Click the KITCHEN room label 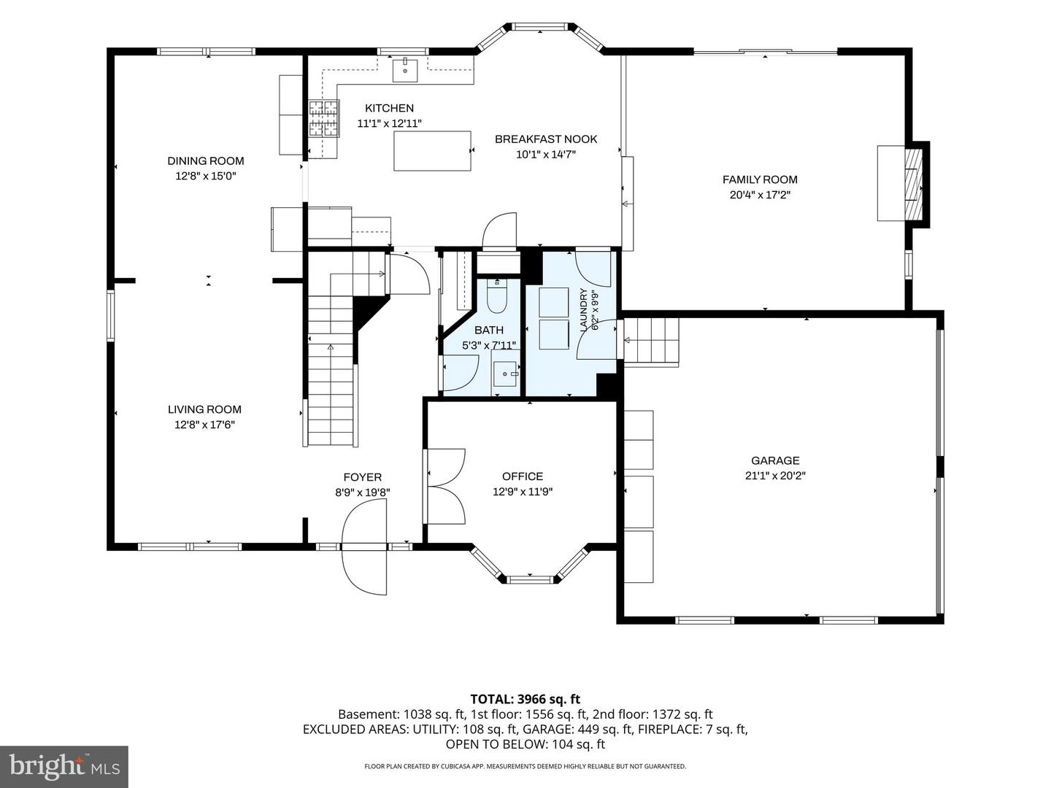coord(389,108)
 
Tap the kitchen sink coord(405,70)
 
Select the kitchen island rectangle coord(432,151)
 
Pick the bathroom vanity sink coord(507,373)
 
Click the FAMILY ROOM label coord(760,179)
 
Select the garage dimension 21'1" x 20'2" coord(775,476)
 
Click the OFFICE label coord(523,476)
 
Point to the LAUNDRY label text coord(583,309)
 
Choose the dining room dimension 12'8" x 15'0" coord(205,176)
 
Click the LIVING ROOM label coord(204,409)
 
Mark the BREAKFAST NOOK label coord(546,139)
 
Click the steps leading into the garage coord(651,340)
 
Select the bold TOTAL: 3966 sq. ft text coord(525,699)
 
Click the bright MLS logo coord(64,766)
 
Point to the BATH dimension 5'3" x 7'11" coord(488,345)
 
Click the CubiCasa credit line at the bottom coord(525,766)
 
